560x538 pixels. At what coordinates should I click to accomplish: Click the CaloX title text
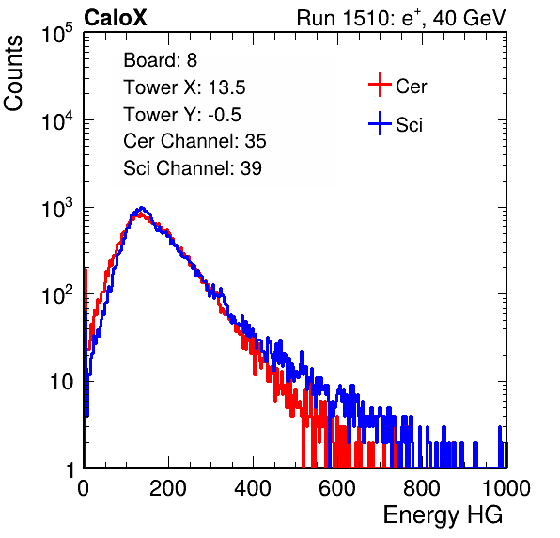(116, 18)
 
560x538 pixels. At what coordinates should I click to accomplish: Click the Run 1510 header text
(401, 18)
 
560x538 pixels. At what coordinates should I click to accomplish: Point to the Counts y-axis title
(13, 73)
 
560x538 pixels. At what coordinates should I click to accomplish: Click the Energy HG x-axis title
(443, 515)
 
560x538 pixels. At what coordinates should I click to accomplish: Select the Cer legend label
(411, 87)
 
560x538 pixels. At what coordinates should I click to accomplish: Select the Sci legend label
(410, 125)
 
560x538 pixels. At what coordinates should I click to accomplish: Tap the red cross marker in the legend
(380, 85)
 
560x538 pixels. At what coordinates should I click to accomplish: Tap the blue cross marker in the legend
(380, 124)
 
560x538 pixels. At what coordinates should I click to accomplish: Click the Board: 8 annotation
(160, 60)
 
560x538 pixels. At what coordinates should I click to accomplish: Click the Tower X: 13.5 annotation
(184, 87)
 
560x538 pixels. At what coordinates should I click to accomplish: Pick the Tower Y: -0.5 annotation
(182, 115)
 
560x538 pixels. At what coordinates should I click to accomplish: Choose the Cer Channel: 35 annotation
(194, 141)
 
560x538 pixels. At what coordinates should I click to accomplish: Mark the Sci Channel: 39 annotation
(193, 168)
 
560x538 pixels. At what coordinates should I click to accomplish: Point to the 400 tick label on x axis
(253, 488)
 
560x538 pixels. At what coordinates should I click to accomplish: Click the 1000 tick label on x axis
(506, 488)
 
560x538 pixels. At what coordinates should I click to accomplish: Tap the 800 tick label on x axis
(422, 488)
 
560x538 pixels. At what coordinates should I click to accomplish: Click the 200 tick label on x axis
(168, 488)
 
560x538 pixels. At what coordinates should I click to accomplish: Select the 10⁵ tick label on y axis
(57, 33)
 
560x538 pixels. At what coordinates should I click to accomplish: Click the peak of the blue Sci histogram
(142, 207)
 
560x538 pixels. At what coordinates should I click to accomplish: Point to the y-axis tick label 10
(61, 382)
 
